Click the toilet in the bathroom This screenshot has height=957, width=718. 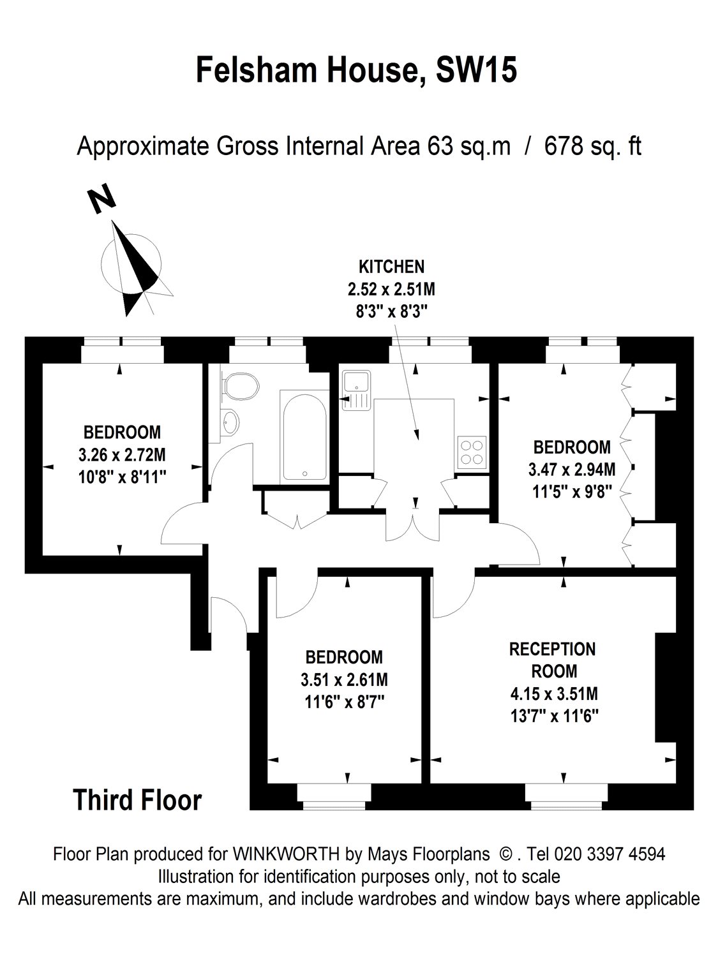pyautogui.click(x=239, y=387)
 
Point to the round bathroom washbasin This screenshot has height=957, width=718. pyautogui.click(x=230, y=421)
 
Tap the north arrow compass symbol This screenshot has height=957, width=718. pyautogui.click(x=134, y=268)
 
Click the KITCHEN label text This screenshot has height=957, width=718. pyautogui.click(x=391, y=266)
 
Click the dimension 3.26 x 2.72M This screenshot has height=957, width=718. pyautogui.click(x=122, y=455)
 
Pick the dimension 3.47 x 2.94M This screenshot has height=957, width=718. pyautogui.click(x=572, y=470)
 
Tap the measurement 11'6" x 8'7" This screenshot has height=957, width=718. pyautogui.click(x=344, y=701)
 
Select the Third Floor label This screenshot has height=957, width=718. pyautogui.click(x=137, y=800)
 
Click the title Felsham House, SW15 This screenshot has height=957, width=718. pyautogui.click(x=356, y=70)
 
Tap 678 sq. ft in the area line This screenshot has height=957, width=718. pyautogui.click(x=592, y=147)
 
